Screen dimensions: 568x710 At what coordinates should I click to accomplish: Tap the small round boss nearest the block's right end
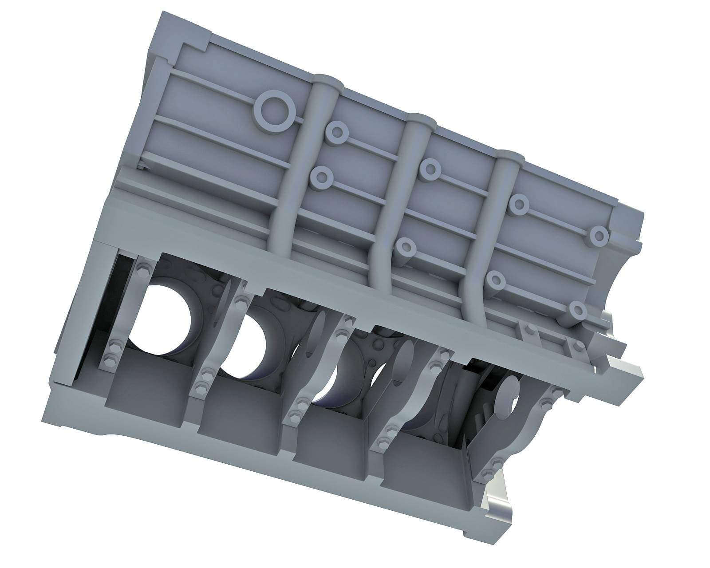pyautogui.click(x=599, y=235)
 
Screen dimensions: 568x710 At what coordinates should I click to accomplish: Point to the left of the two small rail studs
pyautogui.click(x=529, y=329)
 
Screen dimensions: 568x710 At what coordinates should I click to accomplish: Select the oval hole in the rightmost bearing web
pyautogui.click(x=507, y=396)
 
